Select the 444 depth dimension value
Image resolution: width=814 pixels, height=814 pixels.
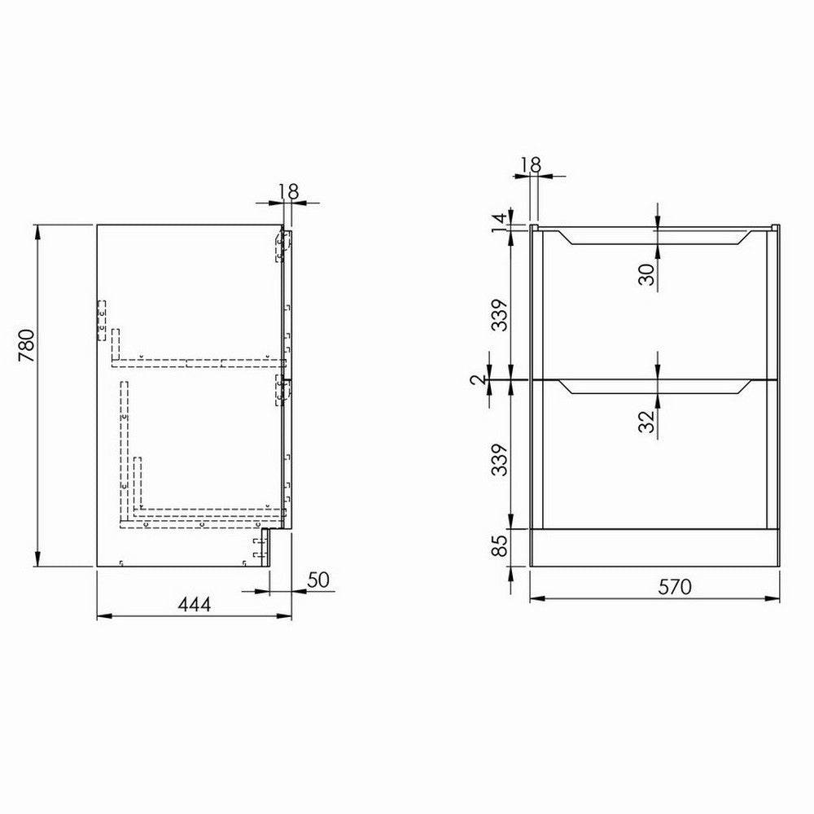[x=195, y=604]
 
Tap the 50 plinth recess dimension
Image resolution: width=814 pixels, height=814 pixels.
[x=317, y=580]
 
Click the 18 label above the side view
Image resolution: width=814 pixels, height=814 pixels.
[x=287, y=191]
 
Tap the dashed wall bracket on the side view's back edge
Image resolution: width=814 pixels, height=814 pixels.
[x=102, y=320]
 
